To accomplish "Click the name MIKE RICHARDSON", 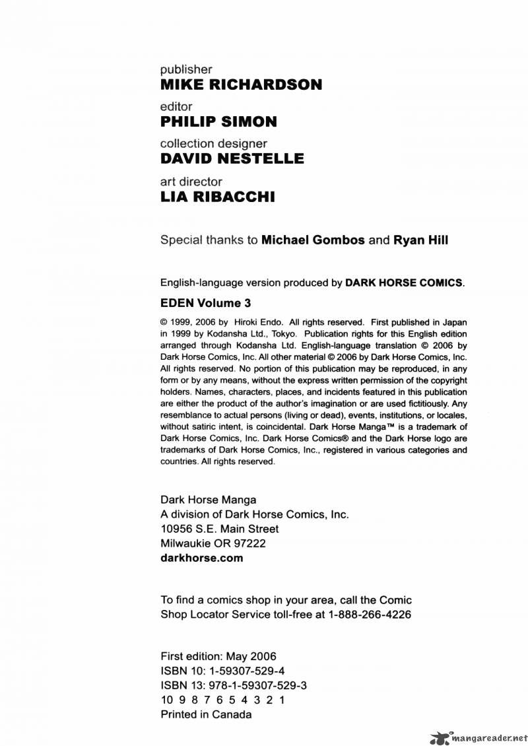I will pyautogui.click(x=242, y=85).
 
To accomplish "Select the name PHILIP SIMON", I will pyautogui.click(x=218, y=121).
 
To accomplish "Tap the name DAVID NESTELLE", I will pyautogui.click(x=232, y=158).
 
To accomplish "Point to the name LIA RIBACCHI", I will pyautogui.click(x=218, y=197).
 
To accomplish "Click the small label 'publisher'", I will pyautogui.click(x=187, y=69).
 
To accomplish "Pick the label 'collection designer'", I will pyautogui.click(x=214, y=143).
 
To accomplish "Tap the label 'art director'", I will pyautogui.click(x=191, y=182).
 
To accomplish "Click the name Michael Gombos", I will pyautogui.click(x=313, y=240).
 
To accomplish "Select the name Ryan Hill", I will pyautogui.click(x=420, y=240).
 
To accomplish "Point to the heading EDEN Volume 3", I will pyautogui.click(x=206, y=304).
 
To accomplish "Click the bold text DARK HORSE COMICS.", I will pyautogui.click(x=404, y=283).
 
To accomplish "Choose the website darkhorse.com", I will pyautogui.click(x=202, y=558).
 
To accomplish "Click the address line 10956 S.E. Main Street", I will pyautogui.click(x=220, y=529).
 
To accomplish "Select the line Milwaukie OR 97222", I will pyautogui.click(x=213, y=543).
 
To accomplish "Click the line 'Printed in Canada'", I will pyautogui.click(x=206, y=714).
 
